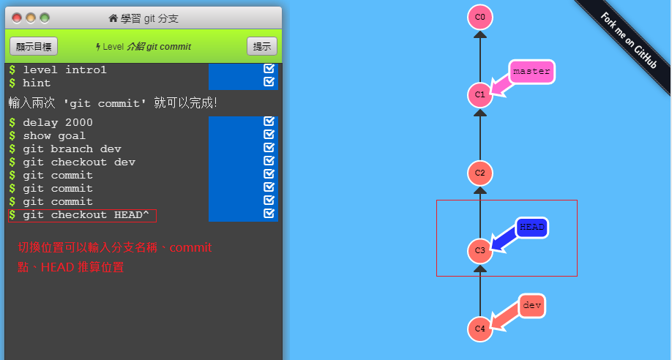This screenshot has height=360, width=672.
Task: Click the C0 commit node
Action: pyautogui.click(x=480, y=17)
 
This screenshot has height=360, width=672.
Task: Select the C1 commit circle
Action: pyautogui.click(x=480, y=94)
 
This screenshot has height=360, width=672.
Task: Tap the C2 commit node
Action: pyautogui.click(x=480, y=173)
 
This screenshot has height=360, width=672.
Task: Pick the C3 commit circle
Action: pyautogui.click(x=480, y=251)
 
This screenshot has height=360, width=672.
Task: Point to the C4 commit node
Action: pyautogui.click(x=480, y=329)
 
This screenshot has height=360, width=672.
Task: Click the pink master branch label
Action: pyautogui.click(x=531, y=72)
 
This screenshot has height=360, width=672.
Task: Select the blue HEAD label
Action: pyautogui.click(x=532, y=227)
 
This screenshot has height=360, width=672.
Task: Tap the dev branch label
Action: pyautogui.click(x=532, y=306)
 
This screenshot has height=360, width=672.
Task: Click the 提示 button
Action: pyautogui.click(x=262, y=46)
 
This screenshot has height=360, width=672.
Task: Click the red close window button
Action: pyautogui.click(x=17, y=18)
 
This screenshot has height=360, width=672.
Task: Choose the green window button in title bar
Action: pyautogui.click(x=45, y=18)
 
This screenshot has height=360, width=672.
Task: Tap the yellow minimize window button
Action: pyautogui.click(x=31, y=18)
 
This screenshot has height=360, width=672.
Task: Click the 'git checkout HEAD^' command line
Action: pyautogui.click(x=86, y=215)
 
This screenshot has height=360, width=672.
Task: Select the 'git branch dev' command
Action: pyautogui.click(x=72, y=149)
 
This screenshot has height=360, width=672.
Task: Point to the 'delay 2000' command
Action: pyautogui.click(x=58, y=123)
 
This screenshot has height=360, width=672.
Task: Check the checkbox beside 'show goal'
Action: pyautogui.click(x=269, y=135)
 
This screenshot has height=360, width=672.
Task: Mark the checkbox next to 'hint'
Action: pyautogui.click(x=269, y=81)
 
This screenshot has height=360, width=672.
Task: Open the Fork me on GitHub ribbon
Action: pyautogui.click(x=628, y=41)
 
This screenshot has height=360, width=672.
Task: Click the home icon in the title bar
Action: pyautogui.click(x=113, y=18)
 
